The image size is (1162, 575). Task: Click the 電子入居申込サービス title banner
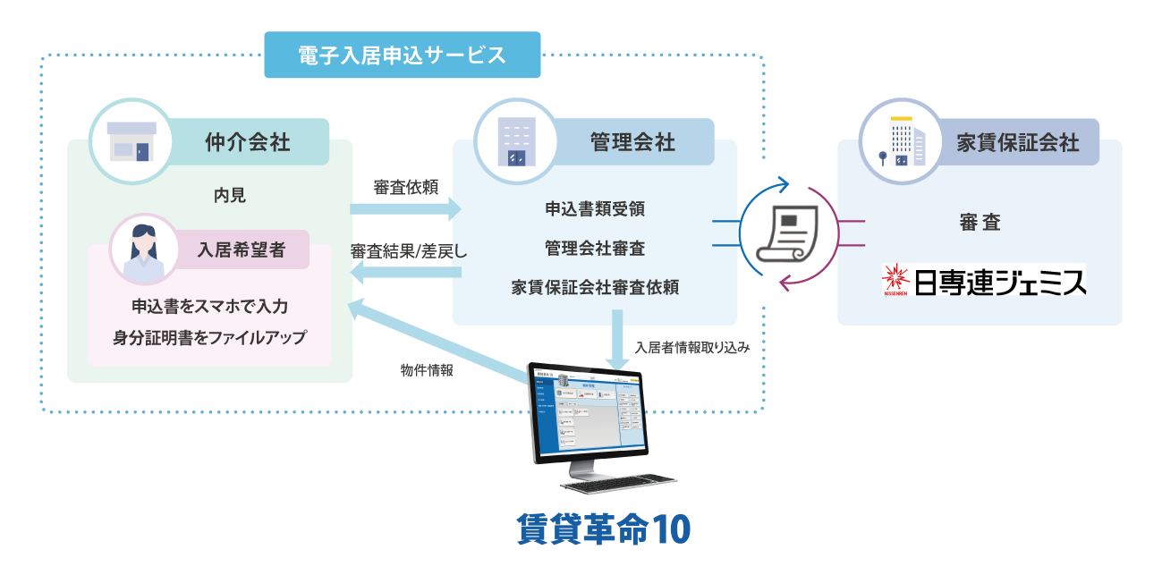pos(403,55)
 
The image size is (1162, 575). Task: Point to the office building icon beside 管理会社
pos(516,141)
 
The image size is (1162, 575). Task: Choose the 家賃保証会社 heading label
pos(1017,142)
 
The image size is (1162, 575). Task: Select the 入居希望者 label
pos(242,249)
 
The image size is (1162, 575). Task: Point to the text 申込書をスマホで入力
pos(209,307)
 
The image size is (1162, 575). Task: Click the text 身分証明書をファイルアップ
pos(209,337)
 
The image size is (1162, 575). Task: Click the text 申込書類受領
pos(595,209)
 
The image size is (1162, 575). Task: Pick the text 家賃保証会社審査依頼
pos(595,288)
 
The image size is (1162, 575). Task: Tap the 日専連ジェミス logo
pos(984,281)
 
